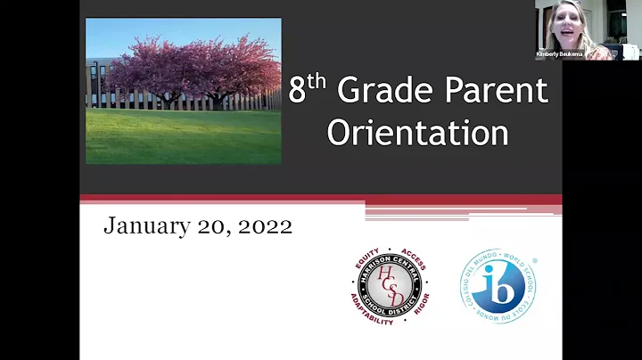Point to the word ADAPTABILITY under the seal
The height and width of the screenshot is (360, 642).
coord(372,317)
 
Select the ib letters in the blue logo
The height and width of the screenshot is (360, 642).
coord(498,287)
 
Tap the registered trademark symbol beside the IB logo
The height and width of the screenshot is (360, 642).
coord(534,261)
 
